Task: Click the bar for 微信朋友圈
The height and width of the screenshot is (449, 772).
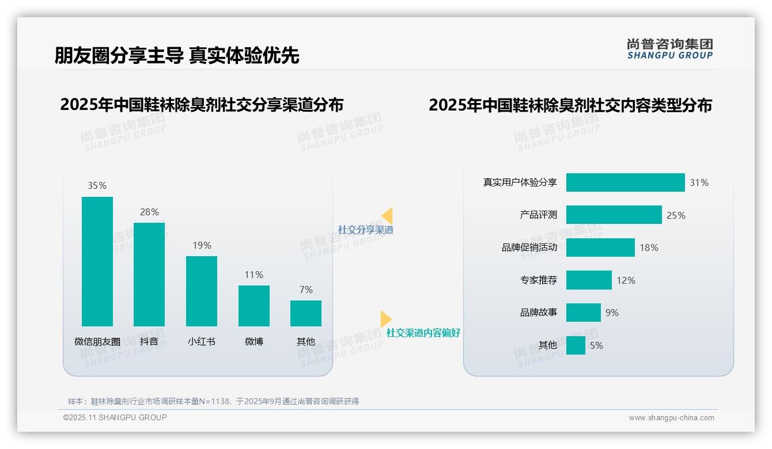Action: pyautogui.click(x=97, y=261)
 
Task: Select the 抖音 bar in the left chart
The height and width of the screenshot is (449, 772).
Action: pyautogui.click(x=149, y=274)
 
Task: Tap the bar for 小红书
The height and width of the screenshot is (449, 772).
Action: pyautogui.click(x=202, y=291)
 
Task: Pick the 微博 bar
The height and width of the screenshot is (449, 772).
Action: pyautogui.click(x=253, y=306)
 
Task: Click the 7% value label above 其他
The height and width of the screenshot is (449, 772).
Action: pyautogui.click(x=306, y=290)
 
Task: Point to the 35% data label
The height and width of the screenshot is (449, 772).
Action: pyautogui.click(x=97, y=185)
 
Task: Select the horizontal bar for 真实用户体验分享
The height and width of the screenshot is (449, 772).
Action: pyautogui.click(x=625, y=182)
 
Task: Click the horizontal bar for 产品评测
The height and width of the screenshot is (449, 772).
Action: pyautogui.click(x=614, y=215)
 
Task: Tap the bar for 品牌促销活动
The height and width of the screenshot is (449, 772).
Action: pyautogui.click(x=600, y=248)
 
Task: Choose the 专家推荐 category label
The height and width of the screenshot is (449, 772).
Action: pyautogui.click(x=539, y=280)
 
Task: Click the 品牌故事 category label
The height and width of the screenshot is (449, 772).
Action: pyautogui.click(x=539, y=313)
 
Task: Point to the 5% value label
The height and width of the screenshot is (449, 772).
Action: pyautogui.click(x=596, y=345)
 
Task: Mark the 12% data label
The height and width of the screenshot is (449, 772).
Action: pyautogui.click(x=626, y=280)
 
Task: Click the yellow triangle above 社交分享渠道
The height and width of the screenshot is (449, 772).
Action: pyautogui.click(x=387, y=216)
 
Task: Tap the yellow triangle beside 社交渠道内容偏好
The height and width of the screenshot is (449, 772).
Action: pyautogui.click(x=385, y=319)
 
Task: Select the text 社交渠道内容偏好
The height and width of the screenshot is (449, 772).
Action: pyautogui.click(x=423, y=333)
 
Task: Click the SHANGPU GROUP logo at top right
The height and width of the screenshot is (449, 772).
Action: pyautogui.click(x=669, y=49)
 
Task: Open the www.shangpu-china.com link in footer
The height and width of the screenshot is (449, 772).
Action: pyautogui.click(x=671, y=418)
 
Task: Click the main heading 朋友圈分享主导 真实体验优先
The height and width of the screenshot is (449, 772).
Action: pyautogui.click(x=177, y=55)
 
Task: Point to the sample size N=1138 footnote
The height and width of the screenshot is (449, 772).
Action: pyautogui.click(x=213, y=401)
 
